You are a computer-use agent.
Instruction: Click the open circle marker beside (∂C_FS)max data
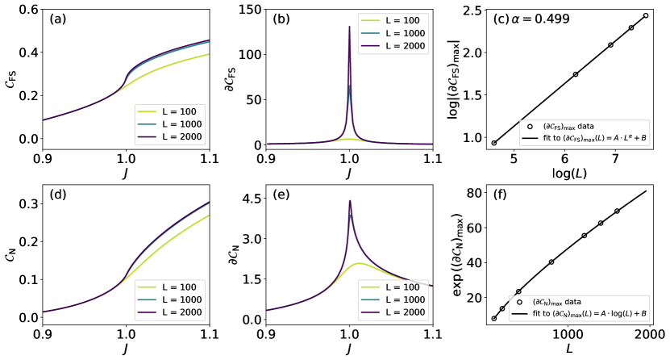[530, 127]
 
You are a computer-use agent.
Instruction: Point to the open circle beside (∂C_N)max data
[522, 301]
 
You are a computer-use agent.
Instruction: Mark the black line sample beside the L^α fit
[530, 139]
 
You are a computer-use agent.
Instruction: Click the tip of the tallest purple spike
[348, 27]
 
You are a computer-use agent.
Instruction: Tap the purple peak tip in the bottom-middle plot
[349, 199]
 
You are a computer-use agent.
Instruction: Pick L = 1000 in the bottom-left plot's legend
[181, 299]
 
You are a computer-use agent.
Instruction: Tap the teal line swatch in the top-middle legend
[370, 34]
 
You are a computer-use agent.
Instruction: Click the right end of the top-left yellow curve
[210, 54]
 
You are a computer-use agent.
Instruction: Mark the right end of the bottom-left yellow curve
[210, 216]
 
